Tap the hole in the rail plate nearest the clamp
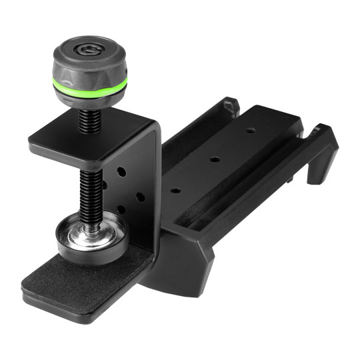[175, 190]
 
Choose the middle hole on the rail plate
[215, 159]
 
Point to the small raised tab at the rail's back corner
[231, 104]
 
